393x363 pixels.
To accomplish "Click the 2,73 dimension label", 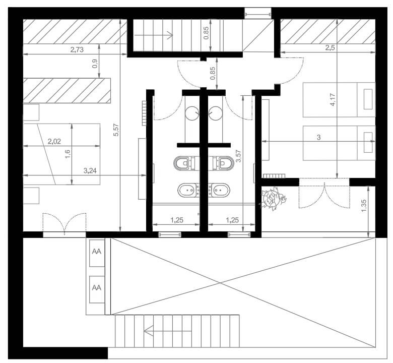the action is click(x=77, y=50).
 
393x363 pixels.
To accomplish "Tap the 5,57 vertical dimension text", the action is click(x=116, y=130).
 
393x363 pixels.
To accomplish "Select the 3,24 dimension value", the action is click(x=90, y=171).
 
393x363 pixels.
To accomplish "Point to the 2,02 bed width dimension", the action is click(x=54, y=141).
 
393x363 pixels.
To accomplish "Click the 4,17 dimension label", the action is click(x=333, y=100).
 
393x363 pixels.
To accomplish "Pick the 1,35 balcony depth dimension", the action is click(x=364, y=206).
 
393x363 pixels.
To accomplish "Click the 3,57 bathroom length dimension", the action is click(x=238, y=156).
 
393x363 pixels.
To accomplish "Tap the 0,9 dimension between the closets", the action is click(x=95, y=64).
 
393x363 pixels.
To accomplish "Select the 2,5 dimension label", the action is click(x=330, y=48).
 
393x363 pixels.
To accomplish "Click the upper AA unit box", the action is click(x=97, y=252).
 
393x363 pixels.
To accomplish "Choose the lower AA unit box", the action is click(x=97, y=289).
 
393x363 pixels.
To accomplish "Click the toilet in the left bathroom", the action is click(x=184, y=163).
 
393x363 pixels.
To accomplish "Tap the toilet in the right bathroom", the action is click(x=223, y=163).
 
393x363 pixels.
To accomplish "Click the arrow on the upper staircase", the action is click(x=154, y=35).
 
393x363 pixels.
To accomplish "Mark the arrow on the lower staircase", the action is click(x=167, y=331).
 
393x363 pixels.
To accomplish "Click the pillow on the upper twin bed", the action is click(x=368, y=99).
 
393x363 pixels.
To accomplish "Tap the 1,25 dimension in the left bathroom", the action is click(x=177, y=220).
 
